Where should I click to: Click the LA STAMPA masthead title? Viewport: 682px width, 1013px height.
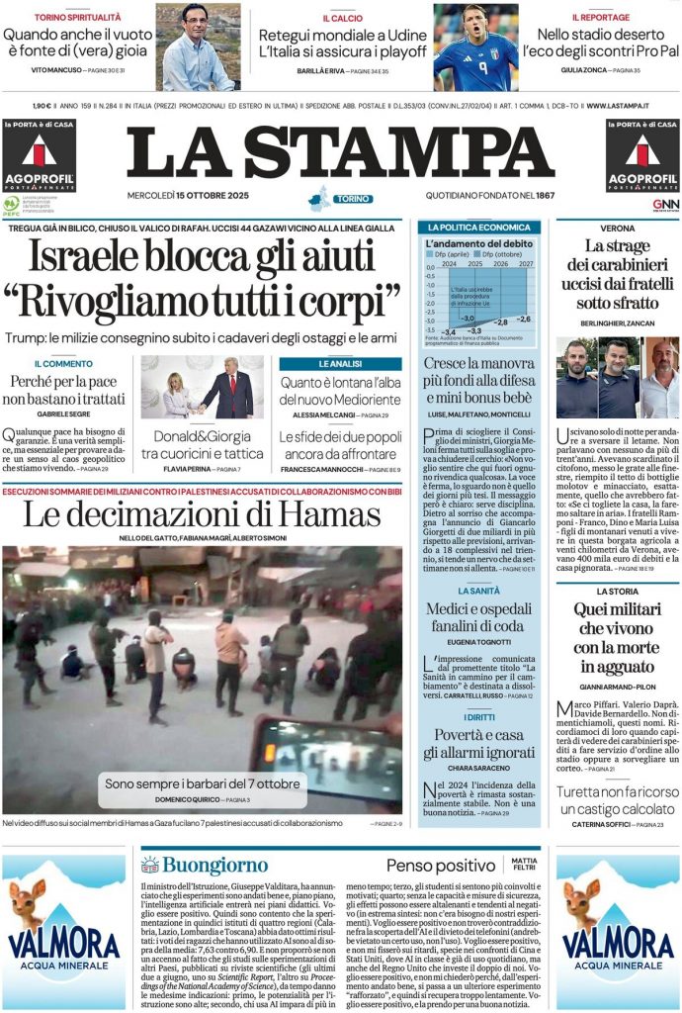pyautogui.click(x=340, y=153)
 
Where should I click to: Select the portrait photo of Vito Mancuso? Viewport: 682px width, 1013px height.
pyautogui.click(x=197, y=46)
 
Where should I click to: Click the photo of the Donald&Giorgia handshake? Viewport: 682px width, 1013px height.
pyautogui.click(x=202, y=387)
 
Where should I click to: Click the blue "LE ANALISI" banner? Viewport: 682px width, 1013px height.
pyautogui.click(x=340, y=364)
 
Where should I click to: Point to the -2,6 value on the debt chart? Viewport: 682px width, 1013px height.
pyautogui.click(x=523, y=319)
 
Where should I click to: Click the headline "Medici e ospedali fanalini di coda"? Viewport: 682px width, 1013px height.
pyautogui.click(x=478, y=617)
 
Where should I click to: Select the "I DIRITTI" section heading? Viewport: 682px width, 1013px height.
pyautogui.click(x=478, y=715)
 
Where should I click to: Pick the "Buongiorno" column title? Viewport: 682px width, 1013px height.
pyautogui.click(x=202, y=865)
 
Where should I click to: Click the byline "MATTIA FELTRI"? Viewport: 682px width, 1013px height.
pyautogui.click(x=525, y=865)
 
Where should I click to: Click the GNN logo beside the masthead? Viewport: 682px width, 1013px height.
pyautogui.click(x=665, y=205)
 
